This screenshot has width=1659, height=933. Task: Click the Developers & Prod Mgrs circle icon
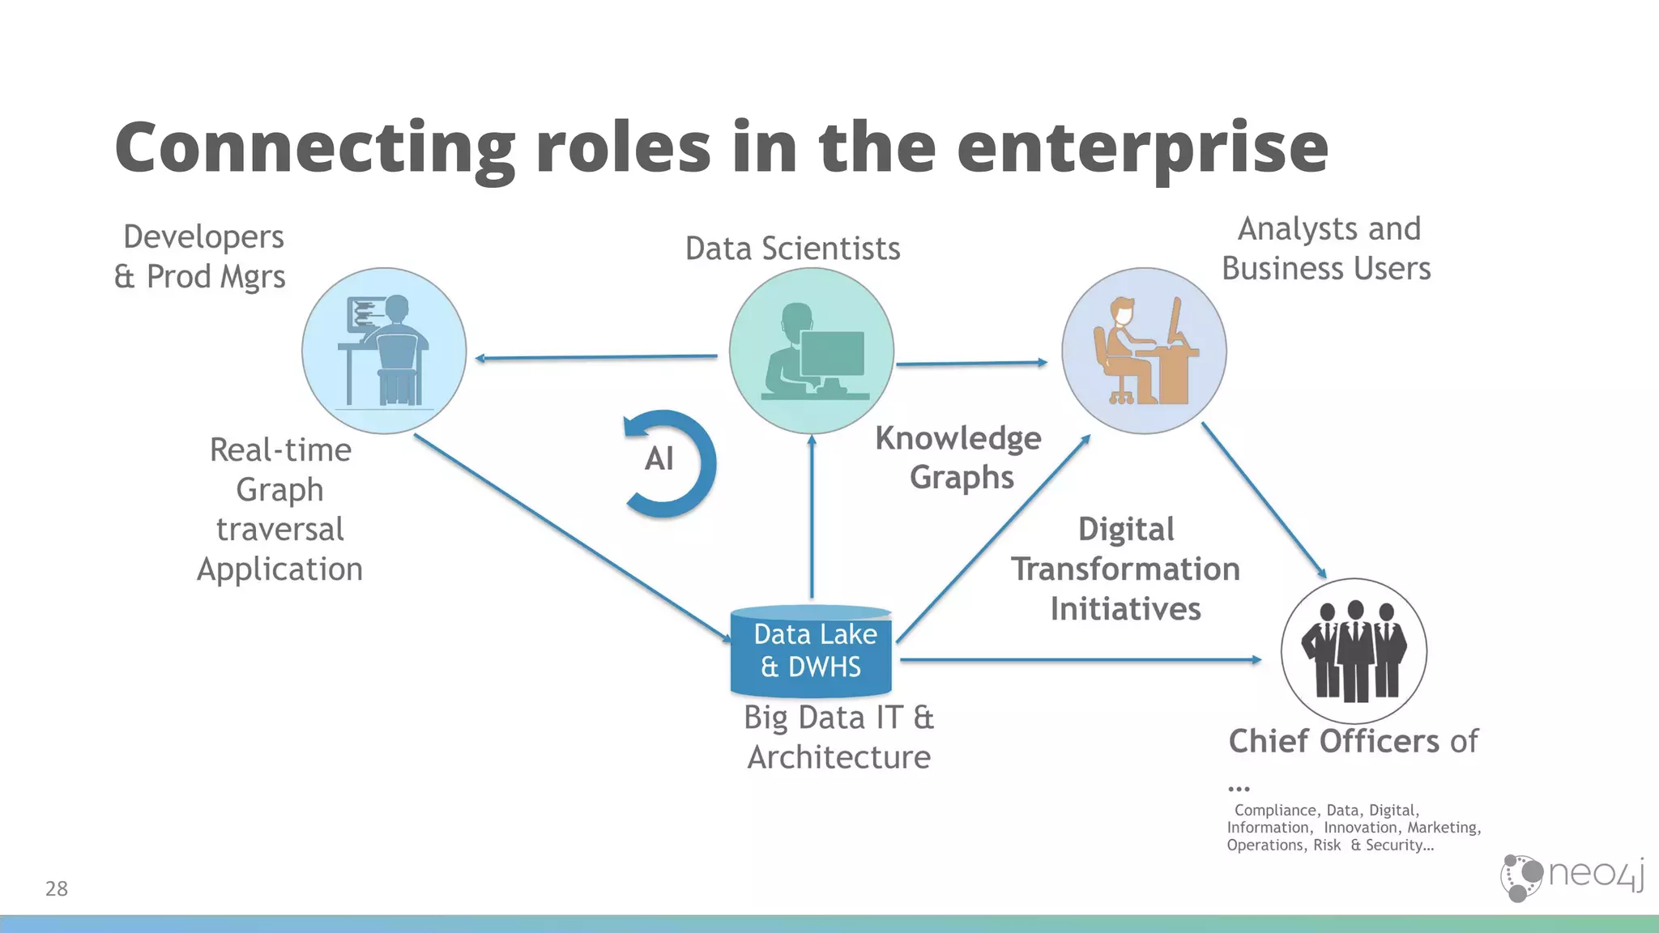(384, 351)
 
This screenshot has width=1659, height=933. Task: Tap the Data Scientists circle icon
(811, 351)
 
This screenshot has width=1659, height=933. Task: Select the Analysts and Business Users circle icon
(1144, 351)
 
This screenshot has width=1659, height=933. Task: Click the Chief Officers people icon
(1354, 650)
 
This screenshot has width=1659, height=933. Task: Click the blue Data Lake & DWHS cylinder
(811, 652)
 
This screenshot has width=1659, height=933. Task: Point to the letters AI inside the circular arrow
(659, 459)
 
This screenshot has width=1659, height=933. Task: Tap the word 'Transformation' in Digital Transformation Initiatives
(1125, 569)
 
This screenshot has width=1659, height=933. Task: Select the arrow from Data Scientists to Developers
(595, 357)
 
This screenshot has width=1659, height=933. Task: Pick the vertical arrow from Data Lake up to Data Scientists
(812, 518)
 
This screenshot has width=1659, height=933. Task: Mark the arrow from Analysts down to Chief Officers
(1264, 501)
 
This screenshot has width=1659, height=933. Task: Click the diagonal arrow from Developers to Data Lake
(571, 538)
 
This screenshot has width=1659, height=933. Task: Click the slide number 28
(57, 888)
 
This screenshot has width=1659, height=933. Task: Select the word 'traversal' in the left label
(280, 530)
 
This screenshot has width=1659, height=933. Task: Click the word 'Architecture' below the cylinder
(838, 757)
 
